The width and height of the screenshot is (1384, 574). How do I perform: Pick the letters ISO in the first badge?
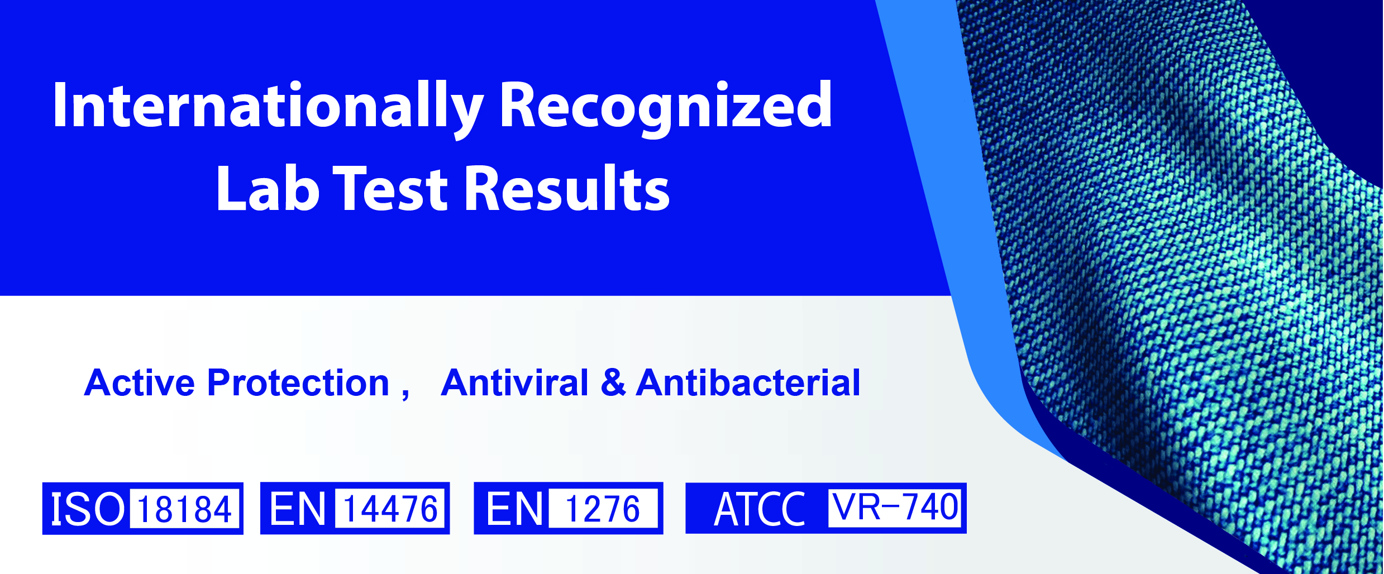[x=87, y=509]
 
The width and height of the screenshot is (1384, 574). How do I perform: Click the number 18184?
[x=184, y=509]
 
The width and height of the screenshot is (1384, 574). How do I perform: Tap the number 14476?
[x=390, y=509]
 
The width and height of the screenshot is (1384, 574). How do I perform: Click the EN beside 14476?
[x=298, y=509]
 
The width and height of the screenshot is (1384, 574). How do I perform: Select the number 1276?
[x=603, y=509]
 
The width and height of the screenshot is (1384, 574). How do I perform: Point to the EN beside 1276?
[x=514, y=509]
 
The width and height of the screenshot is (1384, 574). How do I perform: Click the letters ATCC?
[x=760, y=509]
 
